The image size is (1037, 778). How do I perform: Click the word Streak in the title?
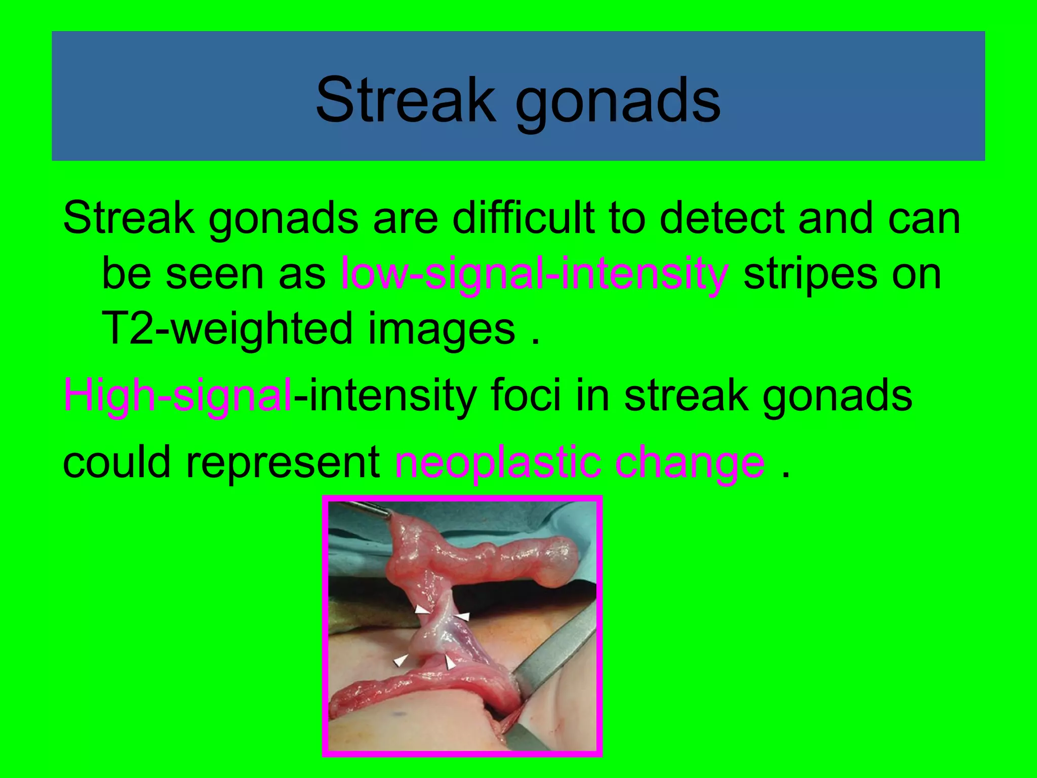click(x=405, y=100)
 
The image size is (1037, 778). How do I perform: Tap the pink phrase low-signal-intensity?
click(x=534, y=275)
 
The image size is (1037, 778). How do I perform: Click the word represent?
click(x=284, y=463)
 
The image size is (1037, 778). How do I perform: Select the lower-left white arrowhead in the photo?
click(x=401, y=660)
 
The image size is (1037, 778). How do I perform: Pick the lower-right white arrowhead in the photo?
click(x=450, y=663)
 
